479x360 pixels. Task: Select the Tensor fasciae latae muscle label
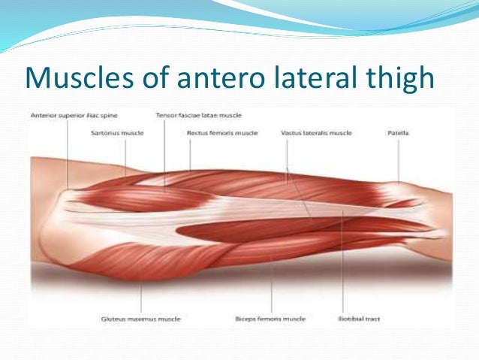[198, 116]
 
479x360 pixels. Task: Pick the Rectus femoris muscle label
[221, 132]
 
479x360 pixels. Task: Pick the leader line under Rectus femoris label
[190, 154]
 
